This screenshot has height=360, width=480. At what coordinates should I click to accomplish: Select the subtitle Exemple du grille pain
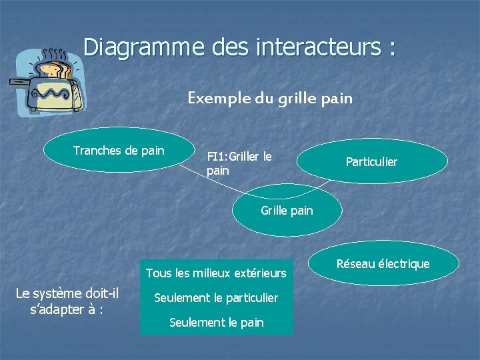pos(269,99)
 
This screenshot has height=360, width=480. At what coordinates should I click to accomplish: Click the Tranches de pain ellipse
pos(118,151)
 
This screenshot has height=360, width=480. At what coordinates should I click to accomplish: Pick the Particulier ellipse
pos(371,162)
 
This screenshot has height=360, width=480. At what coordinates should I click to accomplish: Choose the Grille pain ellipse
pos(287,211)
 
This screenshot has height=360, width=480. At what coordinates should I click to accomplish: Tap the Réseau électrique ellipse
pos(383,264)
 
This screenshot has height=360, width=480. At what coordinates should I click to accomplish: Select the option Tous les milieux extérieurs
pos(215,273)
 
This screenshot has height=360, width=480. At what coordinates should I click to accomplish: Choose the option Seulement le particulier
pos(216,297)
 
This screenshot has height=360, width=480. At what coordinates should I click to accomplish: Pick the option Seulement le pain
pos(216,323)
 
